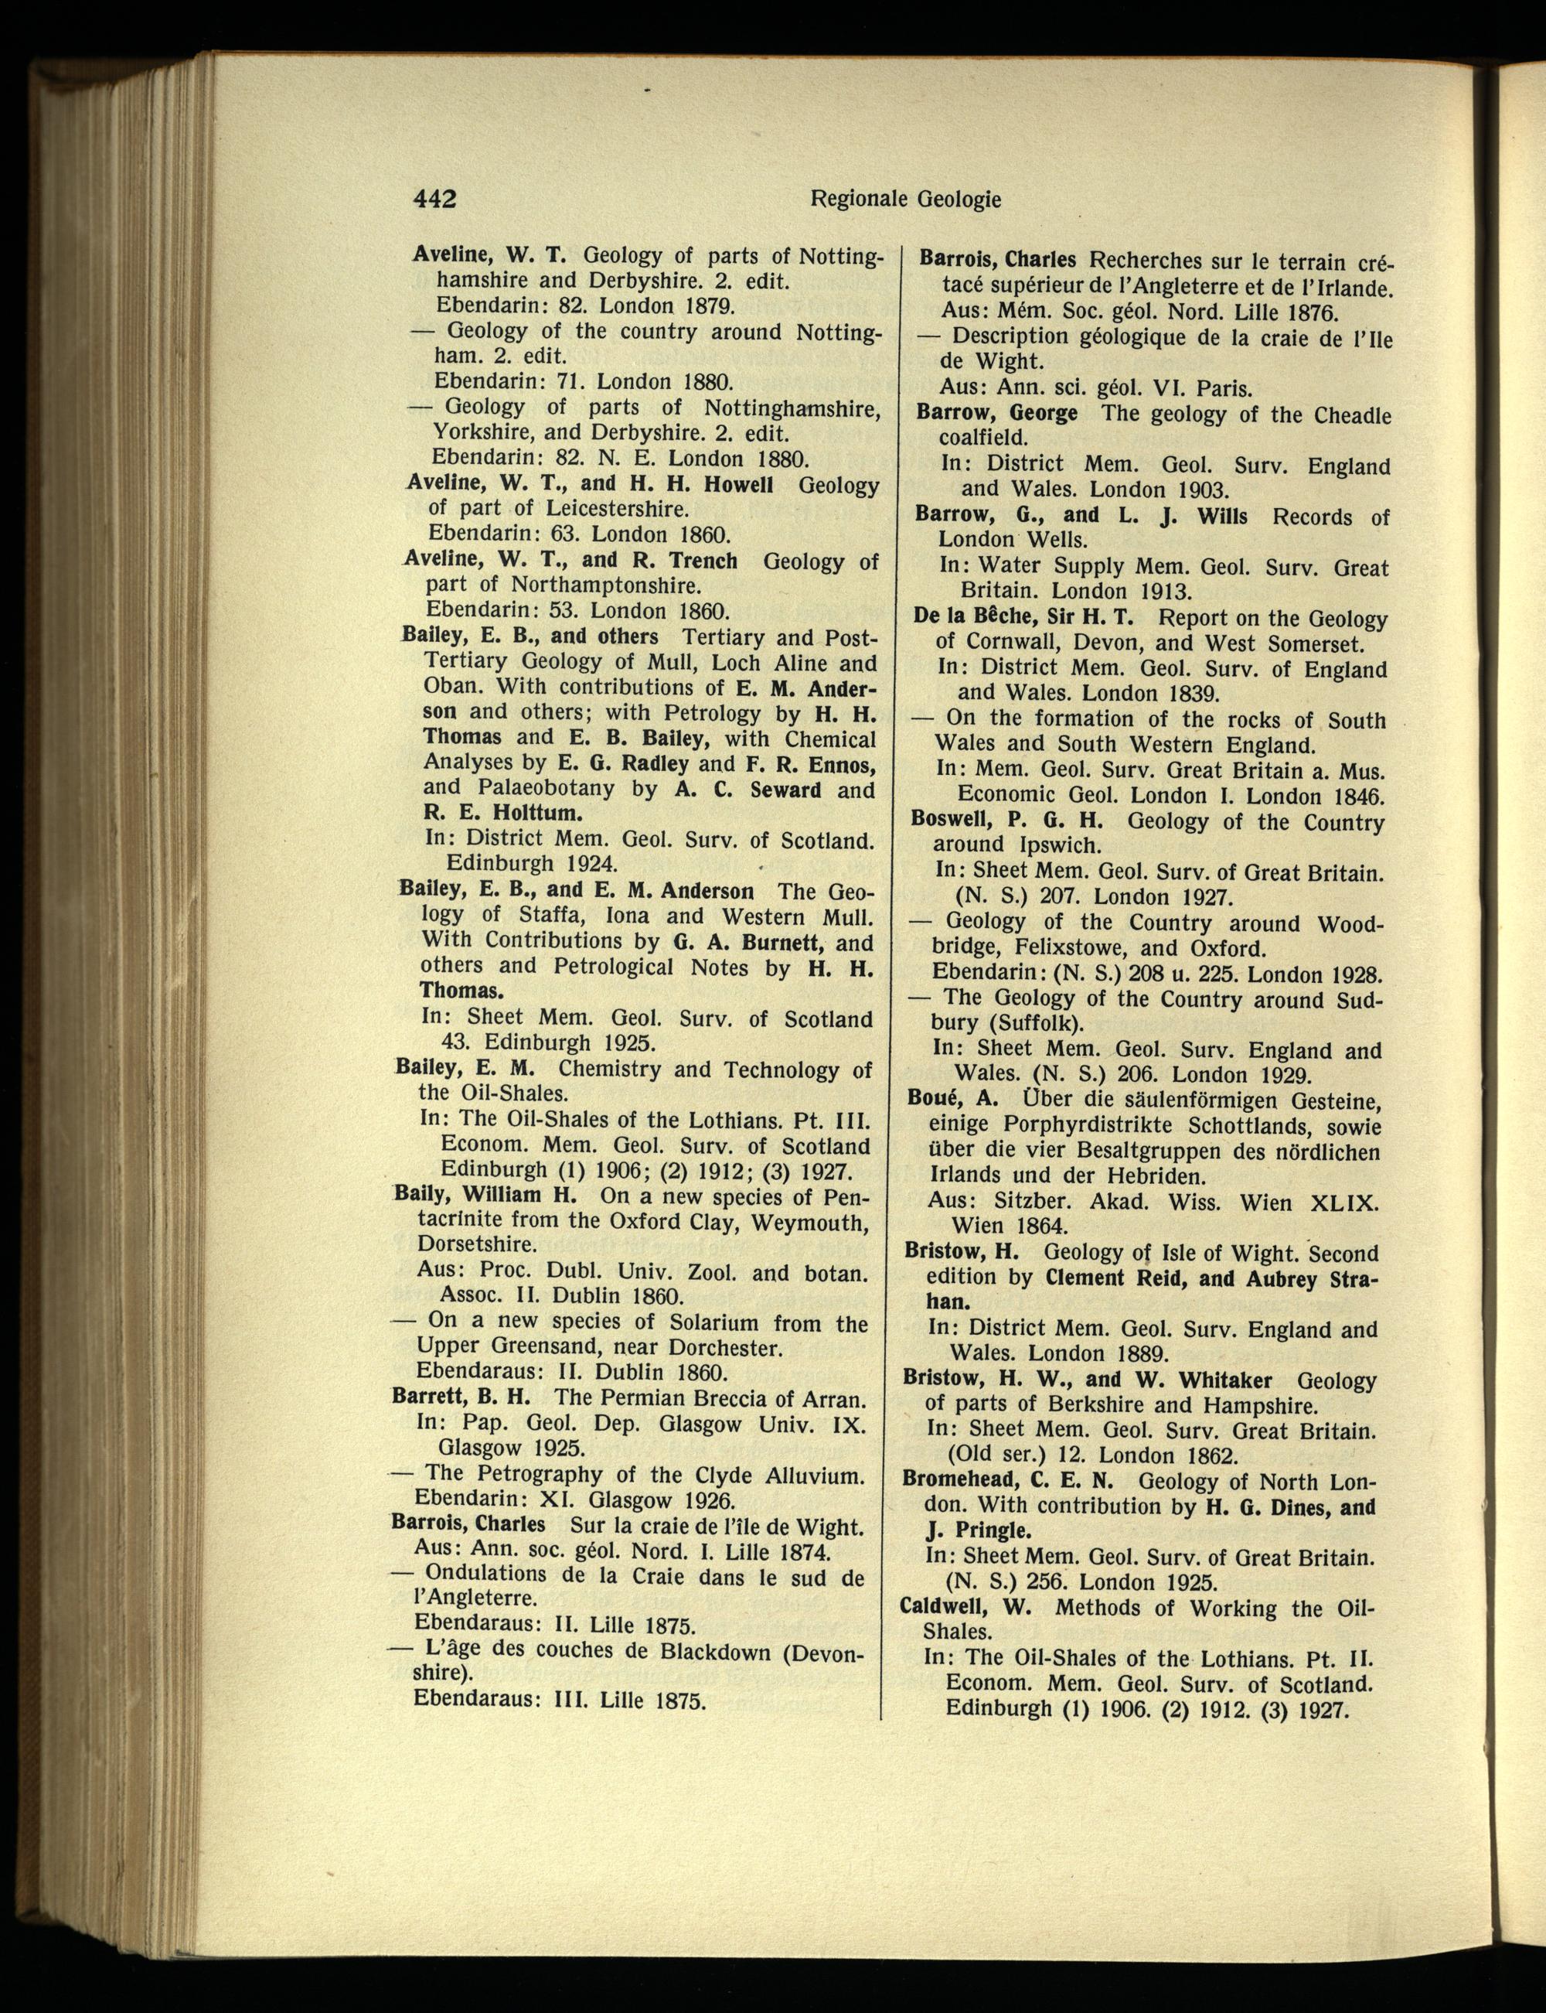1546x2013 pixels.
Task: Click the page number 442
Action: [434, 199]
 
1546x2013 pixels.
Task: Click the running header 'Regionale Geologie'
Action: [904, 199]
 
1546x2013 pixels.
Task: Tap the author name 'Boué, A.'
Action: [952, 1100]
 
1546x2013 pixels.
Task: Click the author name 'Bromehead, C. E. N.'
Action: [1008, 1481]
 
